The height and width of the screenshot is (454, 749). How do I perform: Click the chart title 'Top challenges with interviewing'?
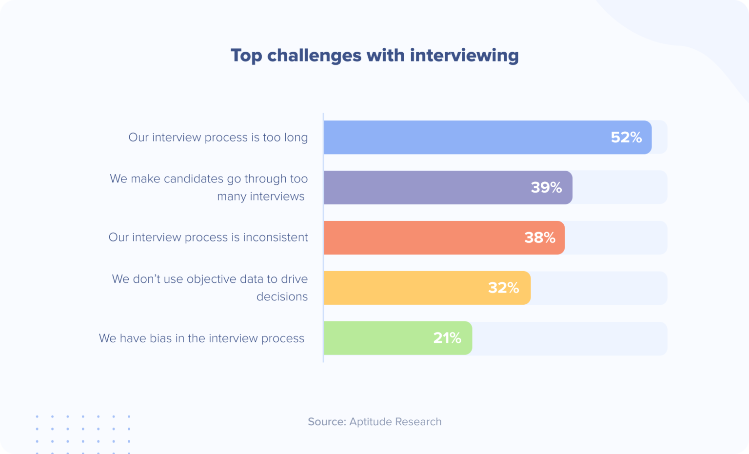pos(374,56)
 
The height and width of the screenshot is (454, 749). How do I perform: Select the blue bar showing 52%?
pos(463,138)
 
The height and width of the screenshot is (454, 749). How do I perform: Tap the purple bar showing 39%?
pos(424,187)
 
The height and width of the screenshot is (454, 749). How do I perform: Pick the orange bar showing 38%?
pos(419,237)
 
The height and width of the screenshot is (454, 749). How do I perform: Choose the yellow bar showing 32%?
pos(405,288)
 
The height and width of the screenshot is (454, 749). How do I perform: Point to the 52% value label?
pos(626,138)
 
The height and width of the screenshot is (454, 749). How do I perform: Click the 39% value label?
pos(546,187)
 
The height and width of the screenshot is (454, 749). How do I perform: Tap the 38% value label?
pos(540,237)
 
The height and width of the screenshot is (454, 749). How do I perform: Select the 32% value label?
pos(504,288)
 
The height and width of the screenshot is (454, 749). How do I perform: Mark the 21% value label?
pos(447,338)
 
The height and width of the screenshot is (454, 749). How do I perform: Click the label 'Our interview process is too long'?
pos(218,138)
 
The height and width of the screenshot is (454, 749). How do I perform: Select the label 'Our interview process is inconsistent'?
pos(208,237)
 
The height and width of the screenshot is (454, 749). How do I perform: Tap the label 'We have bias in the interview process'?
pos(201,338)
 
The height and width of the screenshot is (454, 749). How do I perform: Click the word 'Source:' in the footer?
pos(327,422)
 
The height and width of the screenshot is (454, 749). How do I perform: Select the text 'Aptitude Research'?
pos(395,422)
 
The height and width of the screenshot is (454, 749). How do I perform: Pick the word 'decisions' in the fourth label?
pos(282,296)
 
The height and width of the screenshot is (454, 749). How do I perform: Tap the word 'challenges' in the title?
pos(314,56)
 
